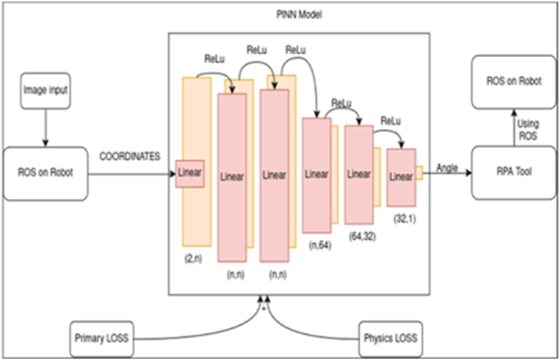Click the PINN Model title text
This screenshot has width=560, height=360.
299,15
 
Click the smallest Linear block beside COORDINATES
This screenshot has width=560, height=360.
190,173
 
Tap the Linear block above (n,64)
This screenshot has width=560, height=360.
317,175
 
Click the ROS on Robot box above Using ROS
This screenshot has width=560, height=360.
513,82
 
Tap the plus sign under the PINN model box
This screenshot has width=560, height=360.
264,308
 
